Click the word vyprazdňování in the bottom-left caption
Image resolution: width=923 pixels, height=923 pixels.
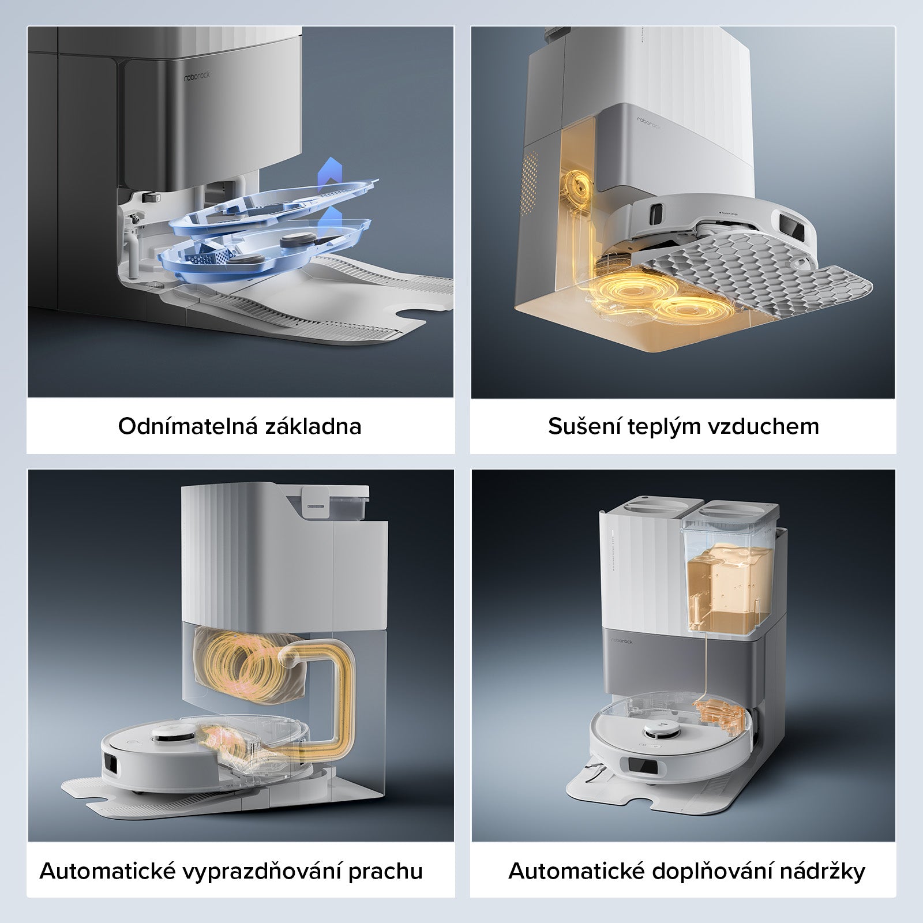[x=261, y=871]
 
